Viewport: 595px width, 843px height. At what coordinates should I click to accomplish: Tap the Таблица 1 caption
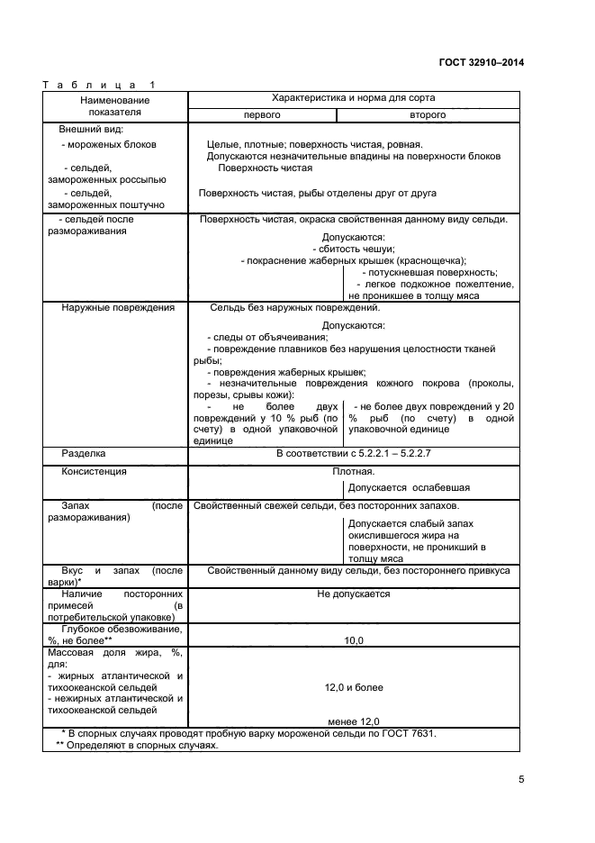tap(99, 86)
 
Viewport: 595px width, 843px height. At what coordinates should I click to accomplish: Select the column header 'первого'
tap(262, 115)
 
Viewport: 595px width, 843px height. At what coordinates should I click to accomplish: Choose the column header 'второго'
tap(428, 115)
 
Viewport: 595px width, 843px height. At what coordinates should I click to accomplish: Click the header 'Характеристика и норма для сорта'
tap(353, 97)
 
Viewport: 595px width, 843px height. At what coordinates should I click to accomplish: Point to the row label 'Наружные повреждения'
tap(118, 308)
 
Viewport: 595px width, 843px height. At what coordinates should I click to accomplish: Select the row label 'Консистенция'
tap(94, 471)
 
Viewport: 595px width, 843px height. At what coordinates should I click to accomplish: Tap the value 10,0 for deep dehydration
tap(353, 640)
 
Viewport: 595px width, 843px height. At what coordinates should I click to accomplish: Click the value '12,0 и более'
tap(353, 687)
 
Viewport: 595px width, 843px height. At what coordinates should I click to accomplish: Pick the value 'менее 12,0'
tap(353, 721)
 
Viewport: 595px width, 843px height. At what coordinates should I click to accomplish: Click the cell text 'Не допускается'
tap(353, 594)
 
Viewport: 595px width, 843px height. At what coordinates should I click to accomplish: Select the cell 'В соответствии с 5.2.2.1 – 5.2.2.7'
tap(353, 454)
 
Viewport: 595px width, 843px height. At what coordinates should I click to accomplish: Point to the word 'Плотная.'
tap(353, 471)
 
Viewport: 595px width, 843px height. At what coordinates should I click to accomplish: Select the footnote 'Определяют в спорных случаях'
tap(144, 746)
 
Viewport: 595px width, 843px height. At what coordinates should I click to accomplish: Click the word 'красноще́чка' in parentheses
tap(431, 260)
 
